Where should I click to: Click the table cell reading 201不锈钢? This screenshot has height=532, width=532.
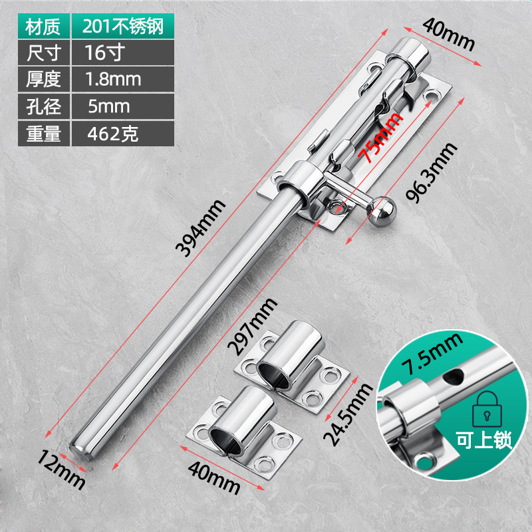123,26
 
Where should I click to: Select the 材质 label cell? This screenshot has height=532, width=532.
44,26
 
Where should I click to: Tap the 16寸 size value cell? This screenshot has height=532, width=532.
123,53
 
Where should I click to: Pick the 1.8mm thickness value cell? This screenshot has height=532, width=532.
123,79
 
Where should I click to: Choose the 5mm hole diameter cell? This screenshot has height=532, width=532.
123,106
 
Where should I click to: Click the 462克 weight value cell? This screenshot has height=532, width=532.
123,134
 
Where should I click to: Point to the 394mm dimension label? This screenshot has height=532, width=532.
200,228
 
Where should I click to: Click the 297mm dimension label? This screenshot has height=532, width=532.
252,327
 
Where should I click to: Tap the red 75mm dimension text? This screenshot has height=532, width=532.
381,137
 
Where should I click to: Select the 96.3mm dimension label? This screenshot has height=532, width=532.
432,173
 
